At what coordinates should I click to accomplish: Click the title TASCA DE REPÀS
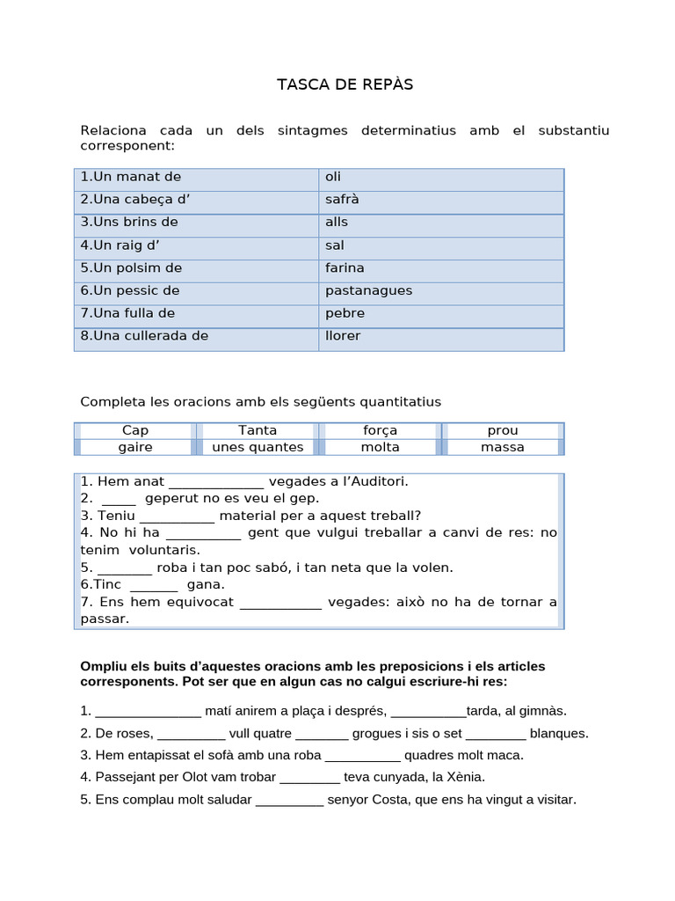point(345,84)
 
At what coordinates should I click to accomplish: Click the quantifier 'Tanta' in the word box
point(258,430)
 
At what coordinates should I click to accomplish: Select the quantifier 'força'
point(380,430)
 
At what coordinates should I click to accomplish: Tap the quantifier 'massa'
point(503,447)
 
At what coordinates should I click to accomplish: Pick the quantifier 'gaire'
point(135,447)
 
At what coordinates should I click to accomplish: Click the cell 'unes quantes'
point(258,447)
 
